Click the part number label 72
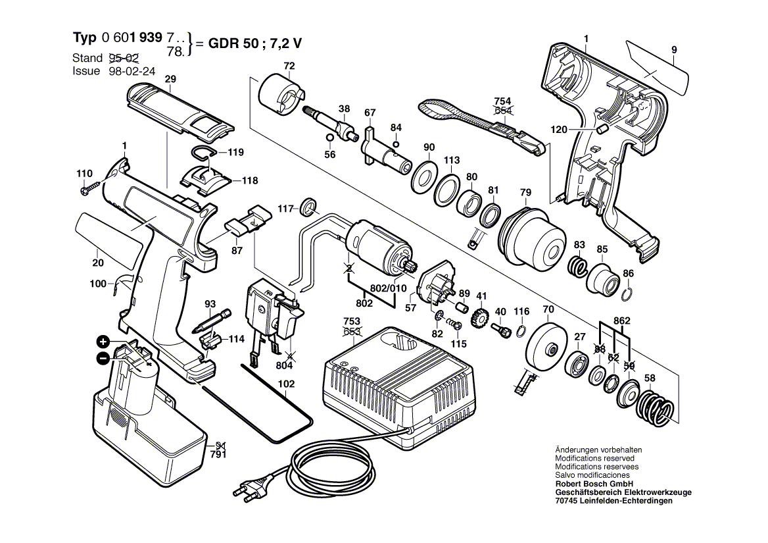(x=289, y=66)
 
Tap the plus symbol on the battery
(x=103, y=341)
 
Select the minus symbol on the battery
(x=103, y=358)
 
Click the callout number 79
(x=525, y=192)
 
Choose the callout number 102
(x=287, y=384)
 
